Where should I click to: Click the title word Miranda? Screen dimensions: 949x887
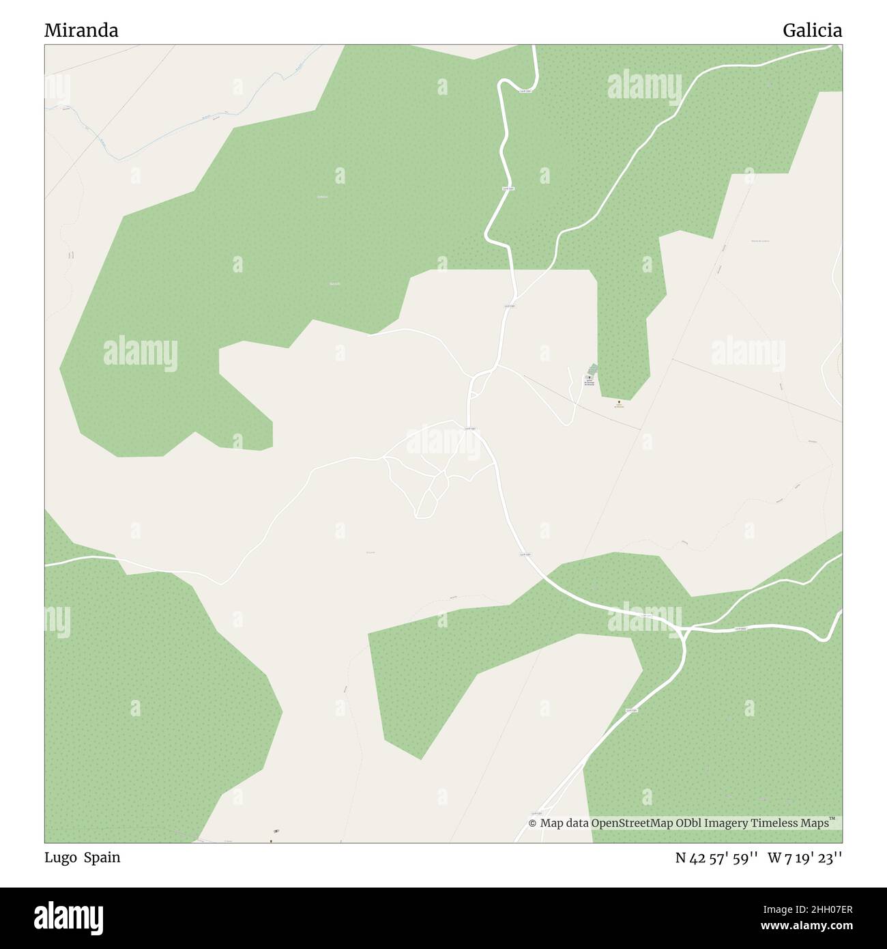coord(81,30)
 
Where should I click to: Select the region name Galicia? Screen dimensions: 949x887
coord(812,30)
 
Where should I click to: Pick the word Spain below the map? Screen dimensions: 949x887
coord(102,858)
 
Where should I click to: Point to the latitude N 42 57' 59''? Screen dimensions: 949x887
coord(718,858)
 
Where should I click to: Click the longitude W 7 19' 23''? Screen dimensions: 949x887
coord(805,858)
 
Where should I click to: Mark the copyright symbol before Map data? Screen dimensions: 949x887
coord(533,823)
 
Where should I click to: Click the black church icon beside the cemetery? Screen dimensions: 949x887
coord(588,377)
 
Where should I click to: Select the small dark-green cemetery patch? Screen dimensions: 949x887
coord(593,369)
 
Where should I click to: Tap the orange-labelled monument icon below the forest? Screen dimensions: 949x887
coord(619,402)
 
